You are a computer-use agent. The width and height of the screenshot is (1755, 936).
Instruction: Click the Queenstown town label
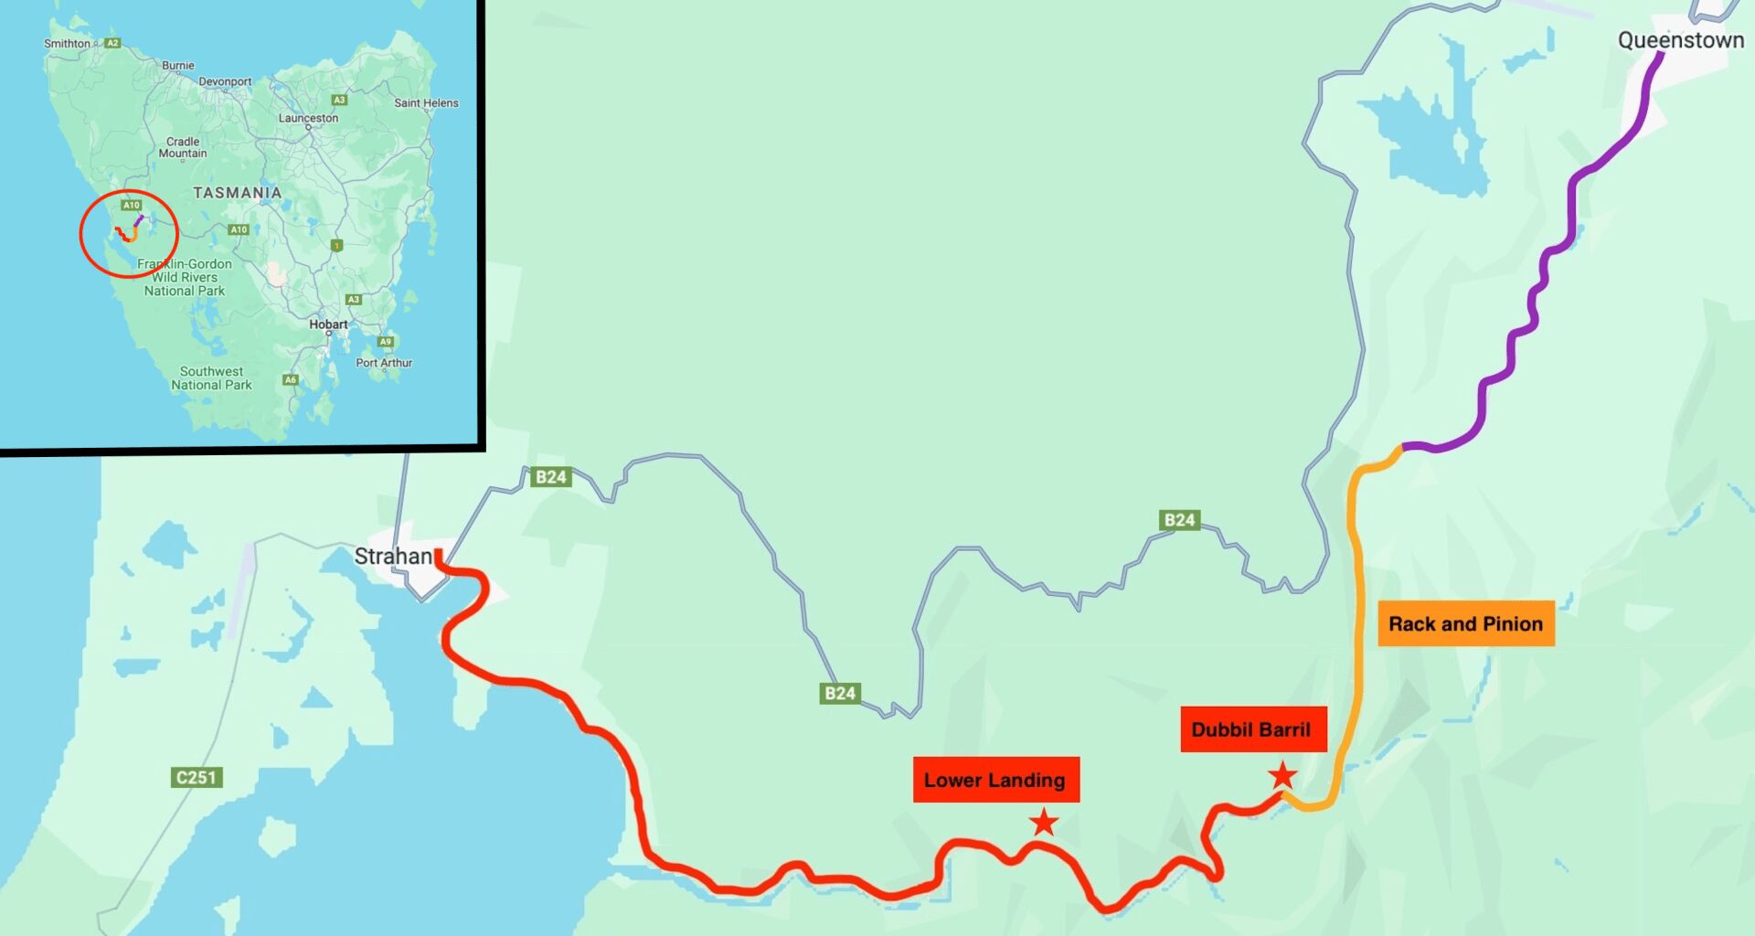pyautogui.click(x=1680, y=40)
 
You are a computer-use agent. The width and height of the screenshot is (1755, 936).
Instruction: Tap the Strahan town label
pyautogui.click(x=393, y=556)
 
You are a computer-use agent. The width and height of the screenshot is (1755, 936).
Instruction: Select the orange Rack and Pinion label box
pyautogui.click(x=1465, y=623)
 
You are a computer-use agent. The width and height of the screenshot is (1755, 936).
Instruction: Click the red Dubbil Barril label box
pyautogui.click(x=1252, y=729)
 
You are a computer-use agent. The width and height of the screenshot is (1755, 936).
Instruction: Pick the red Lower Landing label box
pyautogui.click(x=995, y=780)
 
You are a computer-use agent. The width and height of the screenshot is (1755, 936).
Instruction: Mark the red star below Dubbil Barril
pyautogui.click(x=1282, y=776)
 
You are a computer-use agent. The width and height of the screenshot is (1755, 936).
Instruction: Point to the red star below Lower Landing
pyautogui.click(x=1044, y=823)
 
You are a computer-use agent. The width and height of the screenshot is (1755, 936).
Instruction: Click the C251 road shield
pyautogui.click(x=197, y=778)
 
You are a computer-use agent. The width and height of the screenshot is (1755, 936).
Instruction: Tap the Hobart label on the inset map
pyautogui.click(x=328, y=324)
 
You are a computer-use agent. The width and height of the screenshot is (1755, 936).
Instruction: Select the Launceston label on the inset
pyautogui.click(x=308, y=118)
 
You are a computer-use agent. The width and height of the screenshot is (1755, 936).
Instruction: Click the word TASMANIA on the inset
pyautogui.click(x=237, y=193)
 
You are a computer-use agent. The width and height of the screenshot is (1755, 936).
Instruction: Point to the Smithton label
pyautogui.click(x=68, y=43)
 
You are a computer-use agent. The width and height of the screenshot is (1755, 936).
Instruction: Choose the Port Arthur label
pyautogui.click(x=384, y=363)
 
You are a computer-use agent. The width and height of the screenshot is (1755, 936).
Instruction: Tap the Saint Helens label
pyautogui.click(x=426, y=103)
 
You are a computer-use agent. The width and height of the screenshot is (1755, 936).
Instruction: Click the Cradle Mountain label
pyautogui.click(x=183, y=147)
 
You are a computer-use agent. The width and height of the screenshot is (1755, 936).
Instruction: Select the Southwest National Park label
pyautogui.click(x=211, y=378)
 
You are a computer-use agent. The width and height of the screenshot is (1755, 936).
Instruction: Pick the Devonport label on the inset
pyautogui.click(x=225, y=81)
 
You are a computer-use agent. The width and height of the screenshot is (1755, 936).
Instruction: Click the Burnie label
pyautogui.click(x=178, y=66)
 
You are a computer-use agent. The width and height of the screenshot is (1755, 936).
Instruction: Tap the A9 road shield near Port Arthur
pyautogui.click(x=386, y=342)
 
